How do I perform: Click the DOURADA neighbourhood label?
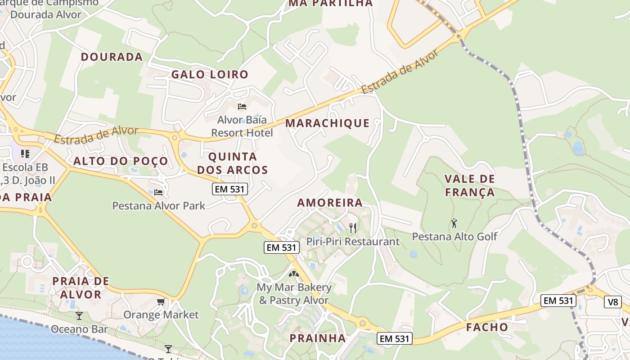pyautogui.click(x=112, y=57)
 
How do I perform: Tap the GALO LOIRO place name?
pyautogui.click(x=210, y=75)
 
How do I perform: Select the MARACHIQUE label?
pyautogui.click(x=327, y=123)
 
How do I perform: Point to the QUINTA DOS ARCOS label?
pyautogui.click(x=233, y=163)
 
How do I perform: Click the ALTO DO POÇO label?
pyautogui.click(x=121, y=161)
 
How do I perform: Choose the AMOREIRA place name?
pyautogui.click(x=330, y=203)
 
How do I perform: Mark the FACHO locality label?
pyautogui.click(x=487, y=327)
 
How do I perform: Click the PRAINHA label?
pyautogui.click(x=318, y=338)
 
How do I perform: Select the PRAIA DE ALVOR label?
pyautogui.click(x=81, y=288)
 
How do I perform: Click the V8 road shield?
pyautogui.click(x=613, y=302)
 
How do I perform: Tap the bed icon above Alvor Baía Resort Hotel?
pyautogui.click(x=242, y=107)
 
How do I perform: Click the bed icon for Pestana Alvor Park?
pyautogui.click(x=158, y=193)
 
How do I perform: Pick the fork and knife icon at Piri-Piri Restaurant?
pyautogui.click(x=353, y=228)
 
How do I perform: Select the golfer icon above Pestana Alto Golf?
pyautogui.click(x=454, y=223)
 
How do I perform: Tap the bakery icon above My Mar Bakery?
pyautogui.click(x=294, y=274)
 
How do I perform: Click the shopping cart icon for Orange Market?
pyautogui.click(x=161, y=301)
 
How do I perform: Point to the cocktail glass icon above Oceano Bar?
pyautogui.click(x=79, y=315)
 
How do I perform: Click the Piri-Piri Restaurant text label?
pyautogui.click(x=353, y=242)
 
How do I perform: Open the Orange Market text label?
pyautogui.click(x=161, y=315)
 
